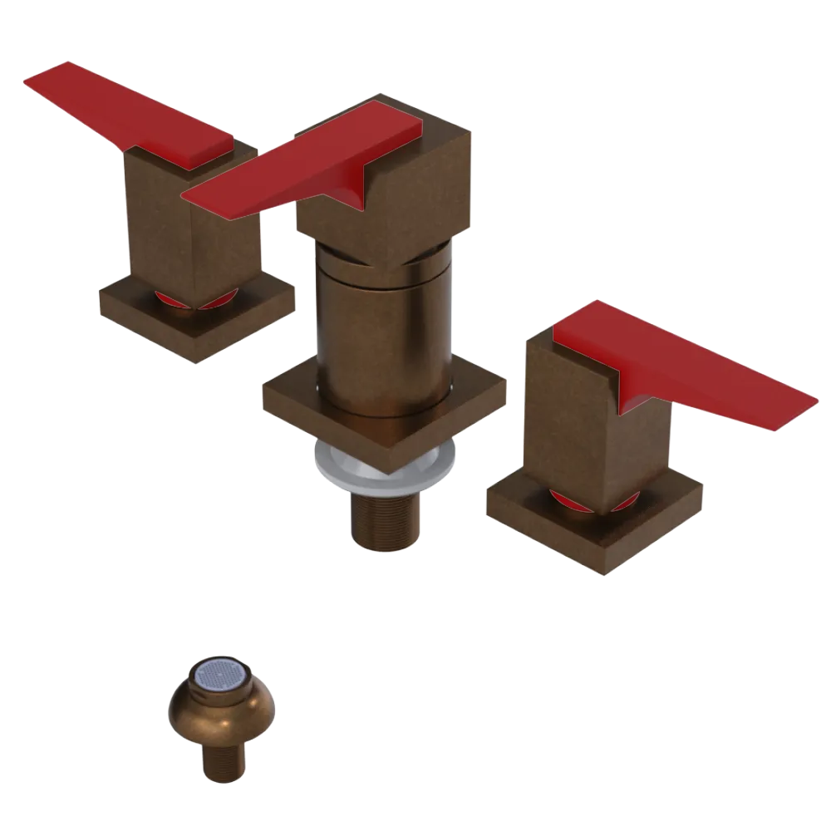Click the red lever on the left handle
[x=125, y=112]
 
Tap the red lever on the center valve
[x=307, y=162]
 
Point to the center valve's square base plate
[x=291, y=407]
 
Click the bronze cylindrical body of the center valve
[x=382, y=332]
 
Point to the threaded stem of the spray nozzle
[x=223, y=760]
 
